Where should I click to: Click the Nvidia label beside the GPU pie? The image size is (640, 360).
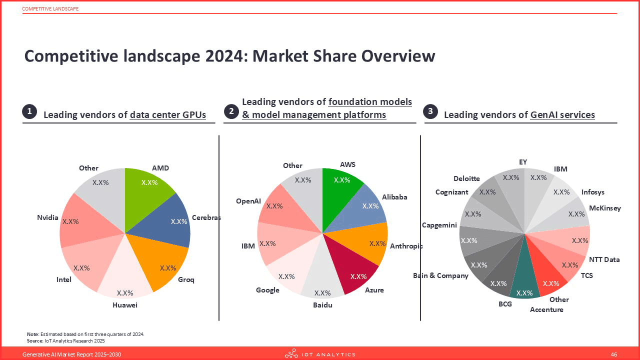pyautogui.click(x=47, y=217)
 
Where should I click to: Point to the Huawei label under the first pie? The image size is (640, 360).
pyautogui.click(x=124, y=305)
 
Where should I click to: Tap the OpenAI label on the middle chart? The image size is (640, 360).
pyautogui.click(x=248, y=201)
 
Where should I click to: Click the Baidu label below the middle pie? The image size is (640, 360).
pyautogui.click(x=322, y=305)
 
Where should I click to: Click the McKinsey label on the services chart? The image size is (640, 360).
pyautogui.click(x=604, y=208)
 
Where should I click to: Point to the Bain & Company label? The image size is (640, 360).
pyautogui.click(x=440, y=275)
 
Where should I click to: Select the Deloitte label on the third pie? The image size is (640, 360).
pyautogui.click(x=466, y=178)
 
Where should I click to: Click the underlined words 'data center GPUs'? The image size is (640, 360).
pyautogui.click(x=167, y=114)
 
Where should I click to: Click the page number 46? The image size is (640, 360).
pyautogui.click(x=614, y=354)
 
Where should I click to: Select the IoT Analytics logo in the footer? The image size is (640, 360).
pyautogui.click(x=320, y=354)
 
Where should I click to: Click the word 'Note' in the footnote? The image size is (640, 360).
pyautogui.click(x=32, y=334)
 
